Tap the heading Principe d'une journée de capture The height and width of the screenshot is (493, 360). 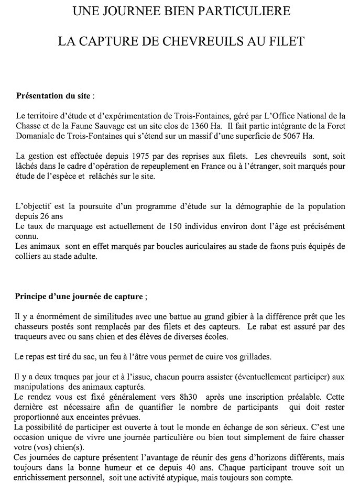pyautogui.click(x=80, y=297)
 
